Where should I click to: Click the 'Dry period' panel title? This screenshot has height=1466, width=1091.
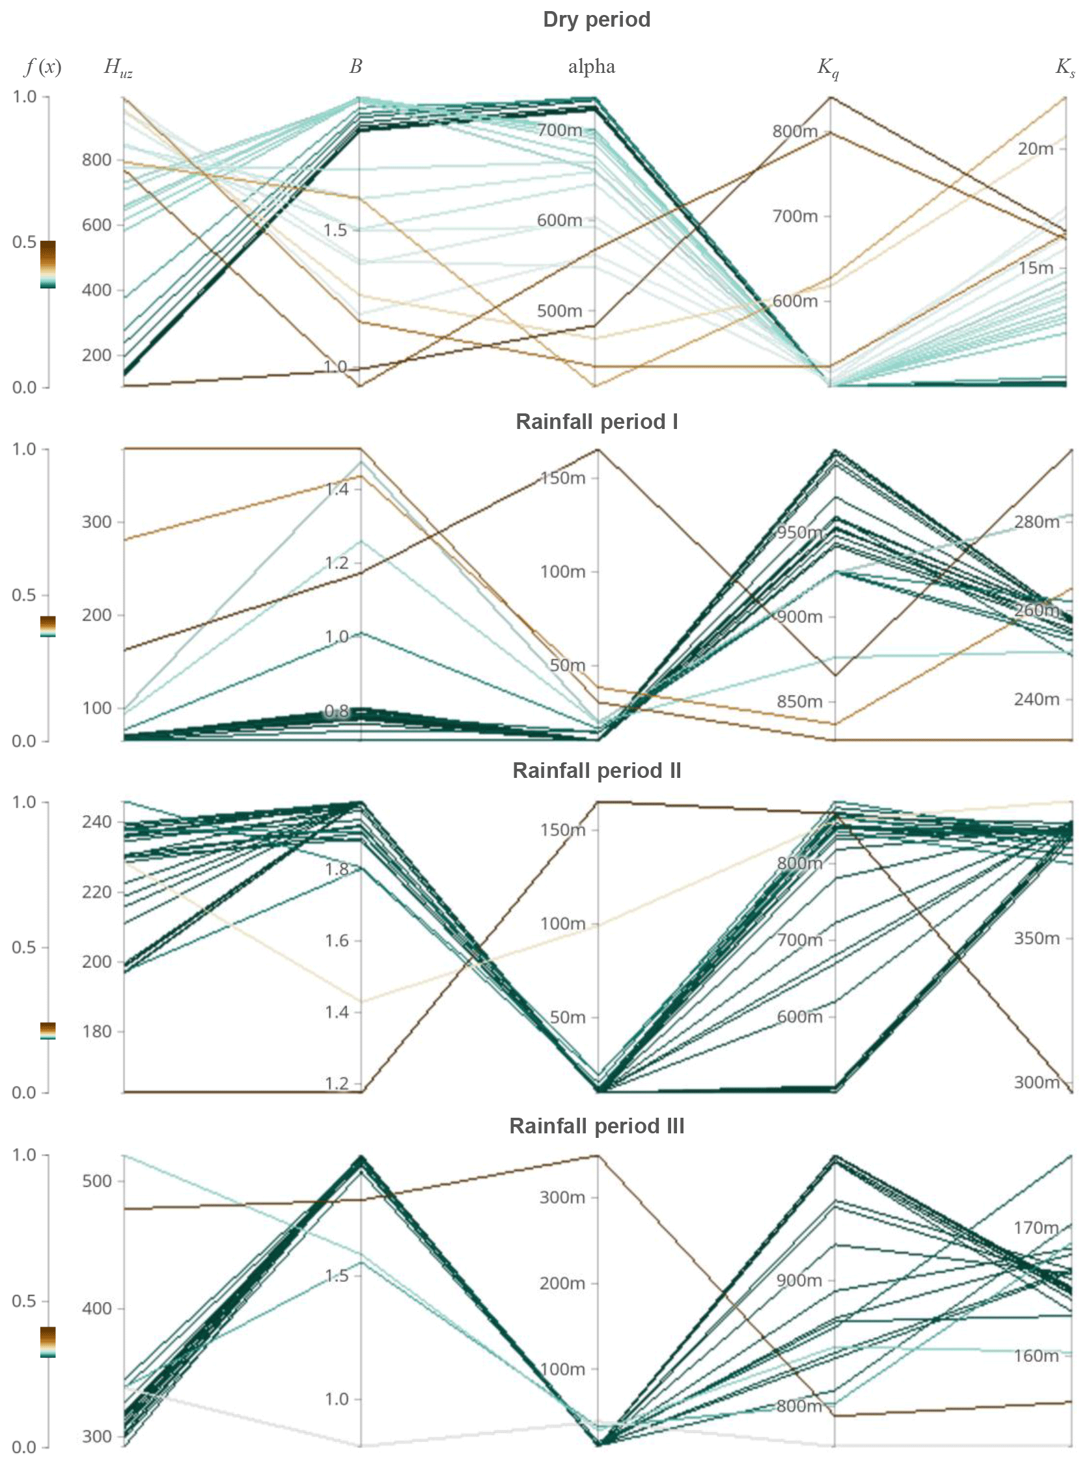click(x=596, y=19)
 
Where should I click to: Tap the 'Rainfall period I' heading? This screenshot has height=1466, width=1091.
click(x=596, y=421)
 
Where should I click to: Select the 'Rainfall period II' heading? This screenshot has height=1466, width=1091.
click(x=596, y=771)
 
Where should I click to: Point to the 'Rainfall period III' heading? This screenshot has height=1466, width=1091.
click(x=596, y=1126)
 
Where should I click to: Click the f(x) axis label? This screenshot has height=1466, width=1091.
click(x=43, y=66)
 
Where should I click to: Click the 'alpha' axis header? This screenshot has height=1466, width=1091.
click(x=592, y=66)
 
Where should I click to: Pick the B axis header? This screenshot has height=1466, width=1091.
click(x=356, y=66)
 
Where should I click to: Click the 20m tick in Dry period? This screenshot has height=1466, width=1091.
click(x=1035, y=148)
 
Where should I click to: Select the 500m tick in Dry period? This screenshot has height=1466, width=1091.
click(x=559, y=311)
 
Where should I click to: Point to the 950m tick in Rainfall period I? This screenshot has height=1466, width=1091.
click(x=799, y=532)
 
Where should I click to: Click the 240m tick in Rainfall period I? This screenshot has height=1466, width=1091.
click(x=1036, y=698)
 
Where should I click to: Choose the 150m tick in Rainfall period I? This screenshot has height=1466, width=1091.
click(x=562, y=477)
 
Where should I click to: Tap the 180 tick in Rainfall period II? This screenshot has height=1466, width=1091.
click(x=96, y=1032)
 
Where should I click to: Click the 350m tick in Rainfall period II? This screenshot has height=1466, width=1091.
click(x=1036, y=937)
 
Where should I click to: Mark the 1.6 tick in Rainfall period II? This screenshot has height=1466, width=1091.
click(x=337, y=941)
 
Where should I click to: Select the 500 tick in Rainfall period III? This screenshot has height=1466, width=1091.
click(x=96, y=1181)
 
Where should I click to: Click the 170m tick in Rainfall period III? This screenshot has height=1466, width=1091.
click(x=1036, y=1228)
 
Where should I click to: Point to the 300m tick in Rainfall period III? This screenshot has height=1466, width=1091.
click(x=562, y=1197)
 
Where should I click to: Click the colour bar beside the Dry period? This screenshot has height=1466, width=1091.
click(x=48, y=264)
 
